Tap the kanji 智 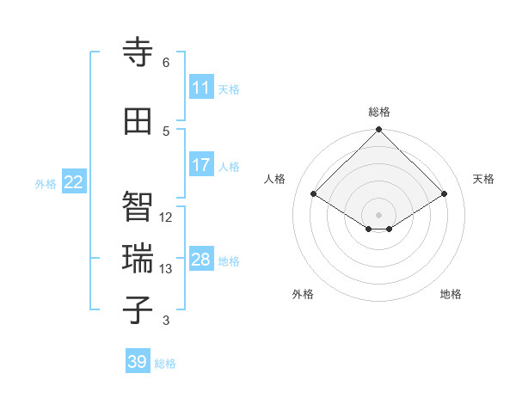[138, 206]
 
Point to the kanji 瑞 [138, 259]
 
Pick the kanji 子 [138, 310]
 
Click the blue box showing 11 [201, 88]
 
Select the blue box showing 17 [201, 165]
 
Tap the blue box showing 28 [201, 260]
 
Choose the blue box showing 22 [74, 181]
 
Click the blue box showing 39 [138, 362]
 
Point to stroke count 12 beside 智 [166, 217]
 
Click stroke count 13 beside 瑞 [166, 269]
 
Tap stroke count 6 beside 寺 [166, 63]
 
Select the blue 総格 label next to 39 [166, 364]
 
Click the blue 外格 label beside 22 [46, 183]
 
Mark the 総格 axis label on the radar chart [379, 112]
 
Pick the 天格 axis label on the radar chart [484, 179]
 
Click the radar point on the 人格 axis [314, 194]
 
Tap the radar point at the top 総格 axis [379, 130]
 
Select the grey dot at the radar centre [379, 214]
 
